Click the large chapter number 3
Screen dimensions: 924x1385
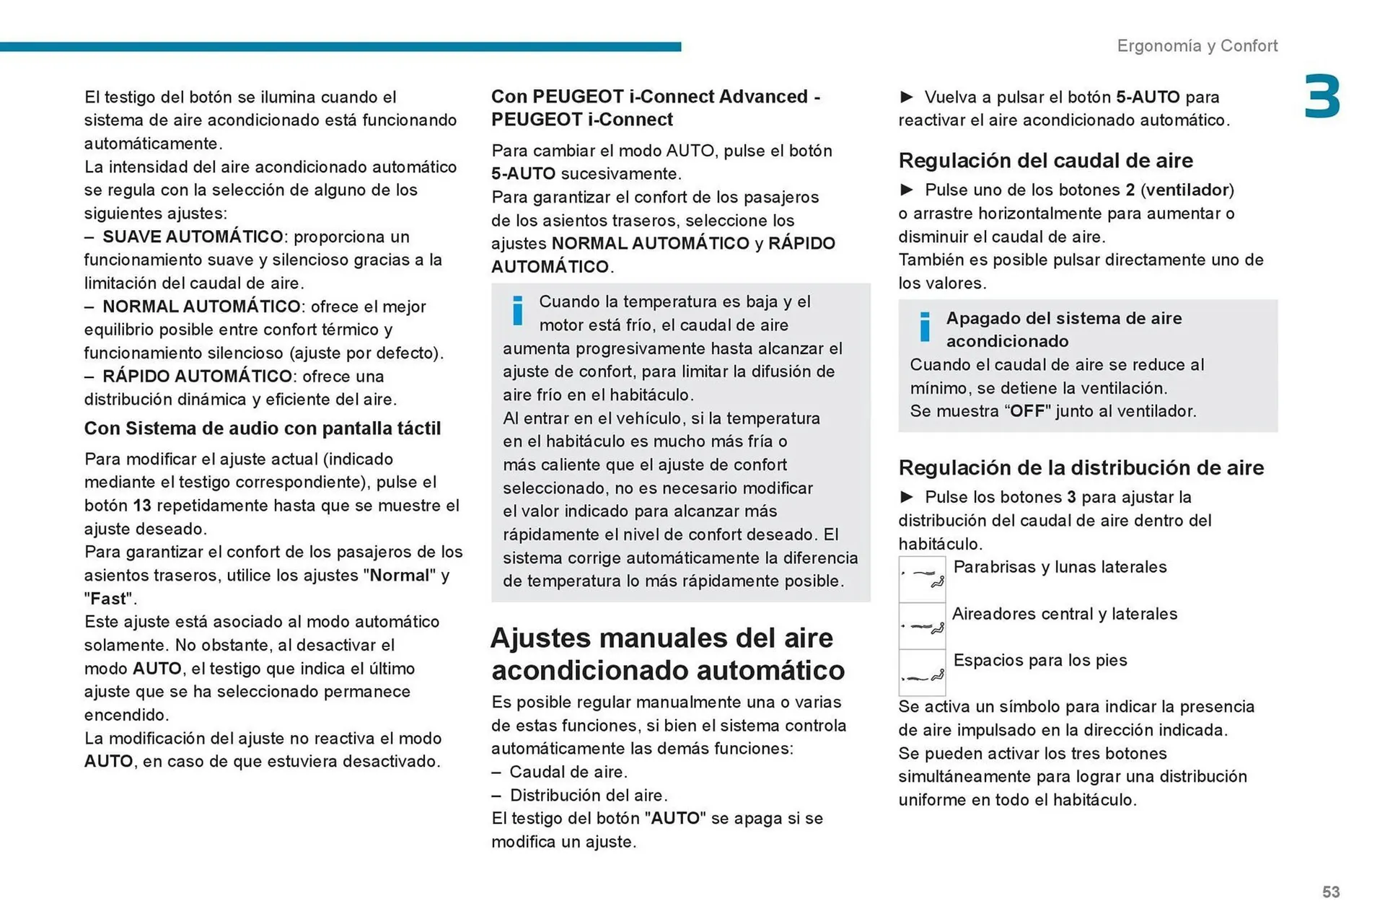(1322, 97)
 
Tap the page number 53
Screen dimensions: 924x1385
(1330, 892)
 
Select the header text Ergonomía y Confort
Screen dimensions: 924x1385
(1197, 45)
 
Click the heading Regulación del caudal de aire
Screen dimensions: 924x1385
(1045, 160)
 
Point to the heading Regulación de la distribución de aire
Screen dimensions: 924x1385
(1081, 467)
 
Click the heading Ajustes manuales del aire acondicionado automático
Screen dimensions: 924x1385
(667, 654)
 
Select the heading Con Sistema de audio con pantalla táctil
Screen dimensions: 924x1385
(262, 428)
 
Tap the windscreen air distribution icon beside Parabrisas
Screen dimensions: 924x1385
(922, 578)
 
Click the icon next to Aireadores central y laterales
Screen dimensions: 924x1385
(922, 625)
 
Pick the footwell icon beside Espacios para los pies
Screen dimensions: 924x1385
(922, 672)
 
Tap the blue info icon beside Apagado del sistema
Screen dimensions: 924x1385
(925, 327)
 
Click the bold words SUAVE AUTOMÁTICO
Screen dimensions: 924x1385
(193, 237)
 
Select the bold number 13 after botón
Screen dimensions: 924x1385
(141, 506)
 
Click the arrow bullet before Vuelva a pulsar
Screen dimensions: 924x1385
(907, 97)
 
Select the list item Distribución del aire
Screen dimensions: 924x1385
(588, 795)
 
